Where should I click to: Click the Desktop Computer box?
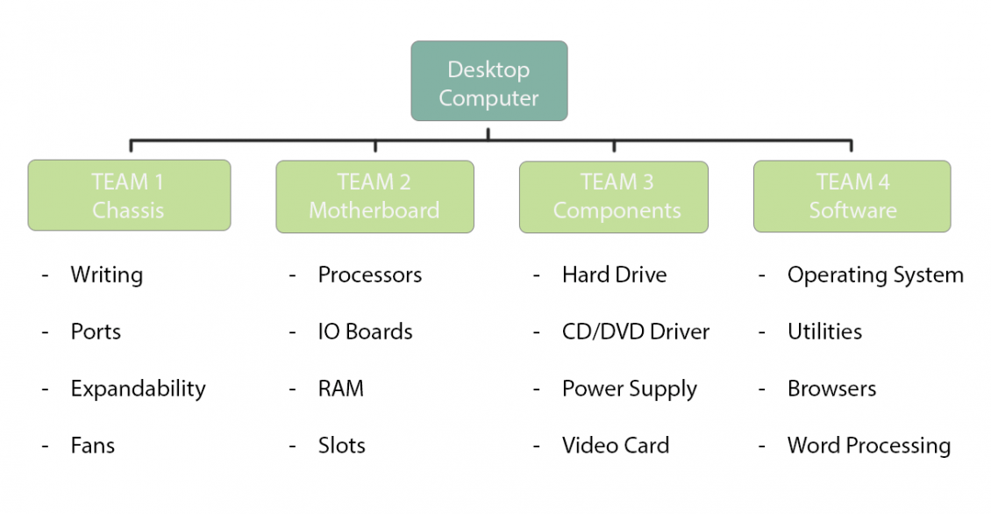point(488,81)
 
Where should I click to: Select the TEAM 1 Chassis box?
point(129,196)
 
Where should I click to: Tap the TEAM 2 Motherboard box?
point(374,196)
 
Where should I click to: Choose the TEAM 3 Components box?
point(614,196)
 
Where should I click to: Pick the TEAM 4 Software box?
point(852,196)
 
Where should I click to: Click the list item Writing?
point(106,275)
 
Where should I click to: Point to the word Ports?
point(96,332)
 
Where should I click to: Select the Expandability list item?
point(138,389)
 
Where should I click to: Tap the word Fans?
point(93,446)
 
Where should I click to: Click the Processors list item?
point(369,275)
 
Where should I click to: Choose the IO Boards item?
point(365,332)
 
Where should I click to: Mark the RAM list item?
point(340,389)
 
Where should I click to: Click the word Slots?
point(341,446)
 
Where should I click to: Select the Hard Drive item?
point(614,275)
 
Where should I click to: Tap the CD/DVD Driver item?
point(635,332)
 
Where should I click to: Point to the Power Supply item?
point(629,389)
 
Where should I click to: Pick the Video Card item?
point(615,446)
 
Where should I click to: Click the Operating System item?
point(874,275)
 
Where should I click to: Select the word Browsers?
point(831,389)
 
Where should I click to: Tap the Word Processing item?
point(868,446)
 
